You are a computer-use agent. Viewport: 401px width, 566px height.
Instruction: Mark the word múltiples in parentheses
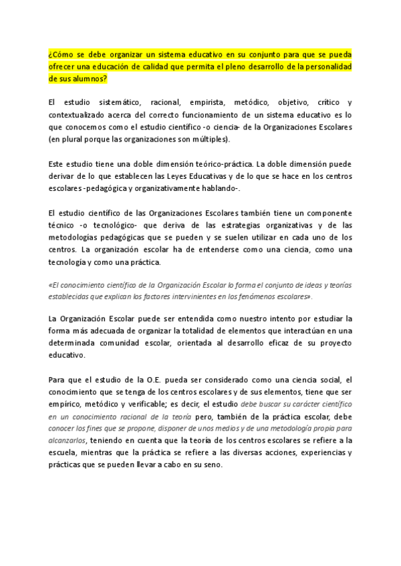click(x=209, y=139)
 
